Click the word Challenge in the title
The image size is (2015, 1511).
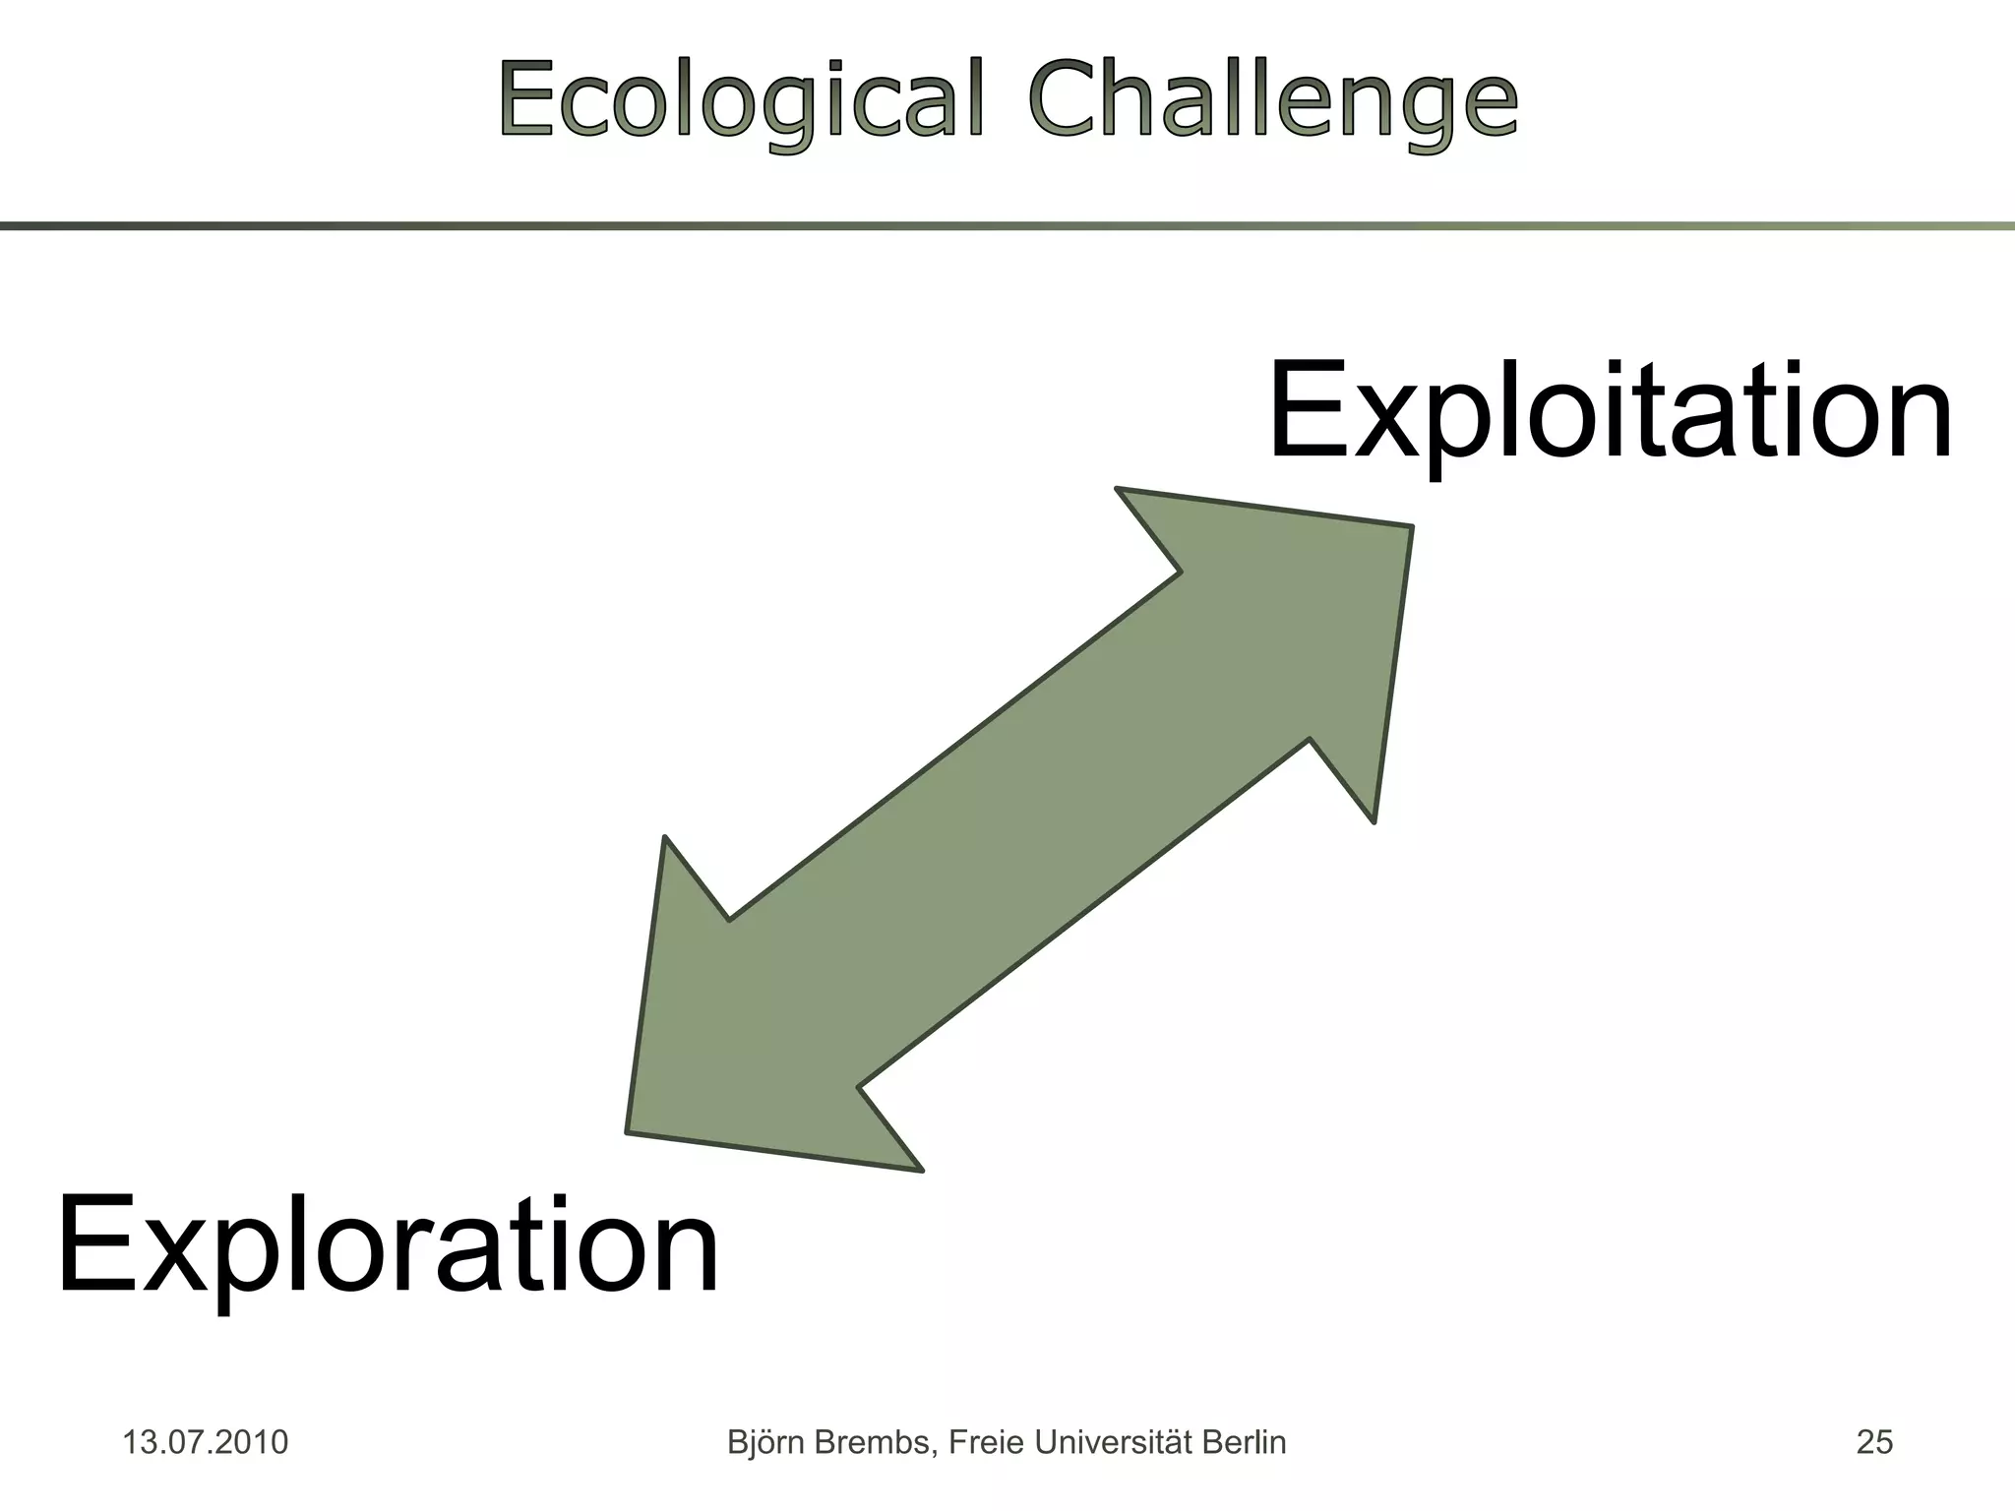pyautogui.click(x=1273, y=100)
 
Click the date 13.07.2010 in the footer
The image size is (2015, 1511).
pyautogui.click(x=205, y=1442)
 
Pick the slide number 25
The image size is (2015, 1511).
pyautogui.click(x=1874, y=1442)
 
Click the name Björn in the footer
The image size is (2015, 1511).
pyautogui.click(x=763, y=1442)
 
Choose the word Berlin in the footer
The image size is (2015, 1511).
pyautogui.click(x=1248, y=1442)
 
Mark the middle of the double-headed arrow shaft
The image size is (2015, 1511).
pyautogui.click(x=1019, y=828)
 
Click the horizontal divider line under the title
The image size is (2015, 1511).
pyautogui.click(x=1007, y=226)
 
